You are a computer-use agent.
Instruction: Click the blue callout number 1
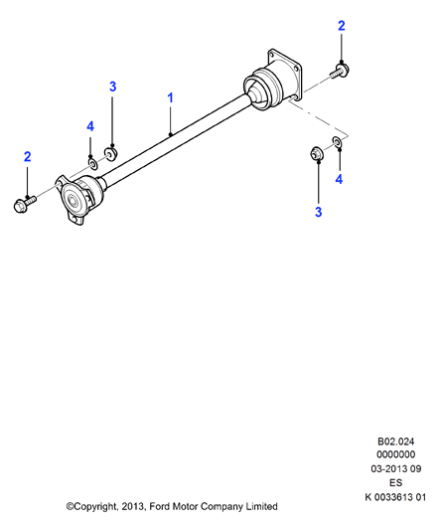170,98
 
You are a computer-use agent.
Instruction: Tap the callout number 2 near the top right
341,26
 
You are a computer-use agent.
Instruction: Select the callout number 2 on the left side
27,157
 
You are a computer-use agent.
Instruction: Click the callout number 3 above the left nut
112,87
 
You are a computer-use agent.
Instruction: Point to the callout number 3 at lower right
319,212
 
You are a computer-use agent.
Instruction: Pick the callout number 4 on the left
90,126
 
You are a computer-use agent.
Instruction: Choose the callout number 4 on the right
339,179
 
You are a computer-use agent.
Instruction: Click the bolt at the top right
340,71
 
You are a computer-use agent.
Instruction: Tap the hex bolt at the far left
24,204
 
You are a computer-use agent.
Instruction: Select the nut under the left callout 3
110,154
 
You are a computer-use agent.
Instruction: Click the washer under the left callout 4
92,164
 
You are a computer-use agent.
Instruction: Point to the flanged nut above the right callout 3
316,153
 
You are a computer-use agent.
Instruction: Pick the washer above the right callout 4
338,141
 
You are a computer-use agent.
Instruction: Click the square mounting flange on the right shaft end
285,74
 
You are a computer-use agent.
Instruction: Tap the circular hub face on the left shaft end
73,201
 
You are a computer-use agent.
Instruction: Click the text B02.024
395,441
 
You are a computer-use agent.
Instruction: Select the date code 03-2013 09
395,468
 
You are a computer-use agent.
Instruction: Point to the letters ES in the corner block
395,482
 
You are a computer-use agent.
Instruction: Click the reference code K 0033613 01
395,497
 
